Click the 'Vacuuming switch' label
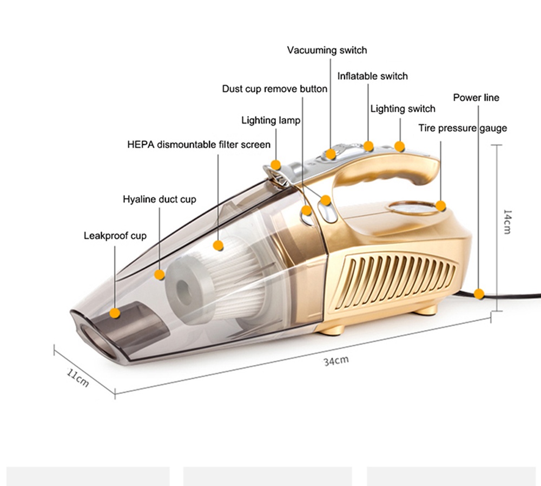(x=327, y=50)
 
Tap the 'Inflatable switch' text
(x=372, y=76)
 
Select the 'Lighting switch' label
(x=403, y=109)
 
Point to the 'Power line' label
(x=476, y=98)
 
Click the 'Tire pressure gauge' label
(x=463, y=128)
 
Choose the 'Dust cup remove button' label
(x=274, y=89)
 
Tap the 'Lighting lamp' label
(x=270, y=121)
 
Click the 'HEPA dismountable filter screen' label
(x=199, y=145)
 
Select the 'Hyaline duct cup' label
(x=160, y=199)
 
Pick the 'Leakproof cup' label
(x=115, y=236)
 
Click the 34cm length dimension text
(x=336, y=360)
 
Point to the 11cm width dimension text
(x=78, y=378)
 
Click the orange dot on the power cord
(x=479, y=294)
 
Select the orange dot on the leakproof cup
(x=115, y=313)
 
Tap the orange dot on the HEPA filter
(x=218, y=245)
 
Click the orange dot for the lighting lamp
(x=275, y=165)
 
